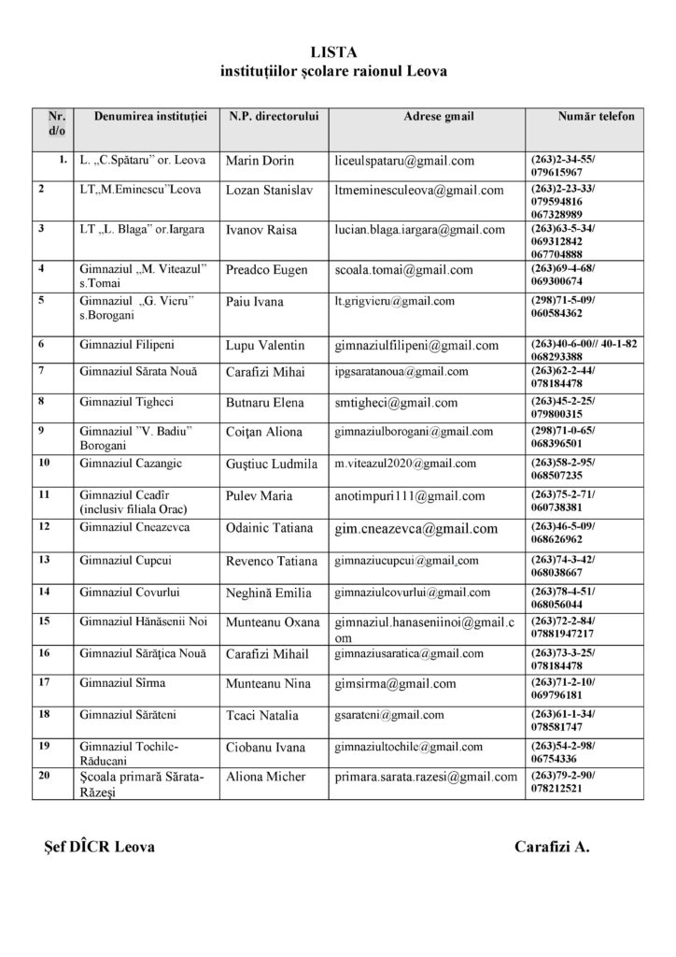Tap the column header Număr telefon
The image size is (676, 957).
click(x=595, y=117)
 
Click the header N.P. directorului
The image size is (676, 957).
click(x=274, y=117)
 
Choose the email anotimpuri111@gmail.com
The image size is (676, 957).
click(x=409, y=495)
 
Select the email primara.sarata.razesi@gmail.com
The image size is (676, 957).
click(x=426, y=777)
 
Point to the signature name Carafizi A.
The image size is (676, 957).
click(x=552, y=847)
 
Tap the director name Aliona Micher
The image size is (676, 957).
click(x=267, y=777)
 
